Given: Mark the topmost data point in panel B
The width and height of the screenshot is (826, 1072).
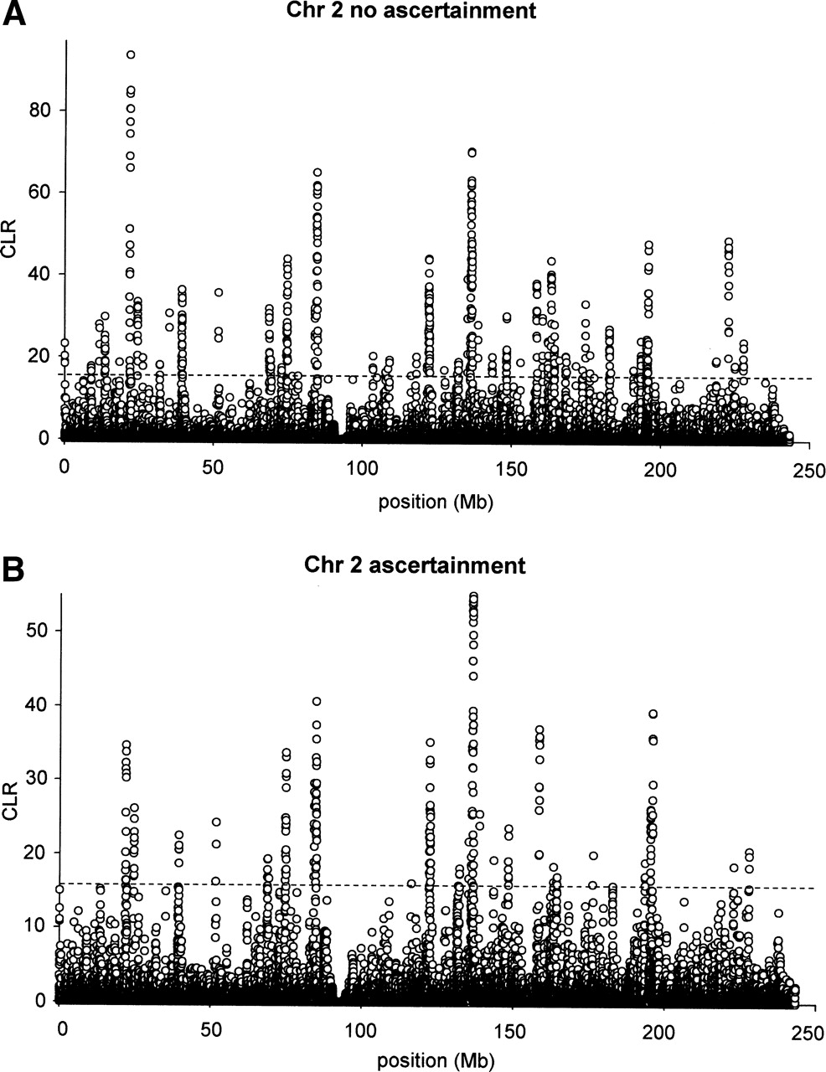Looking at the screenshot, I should (x=473, y=596).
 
